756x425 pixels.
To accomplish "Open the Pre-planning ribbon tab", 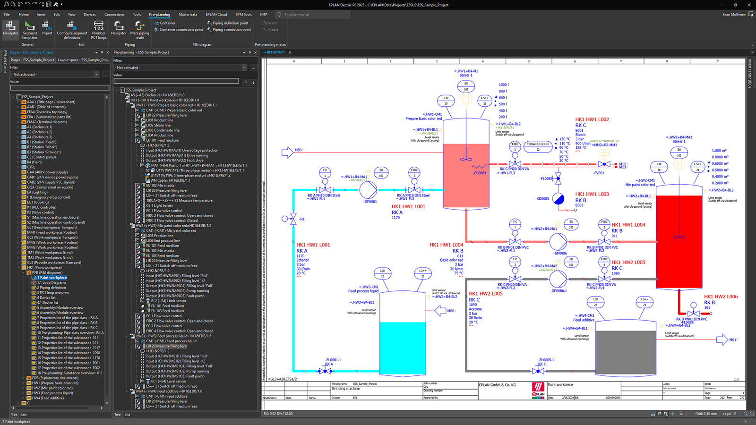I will coord(159,14).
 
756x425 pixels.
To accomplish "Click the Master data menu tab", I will coord(188,14).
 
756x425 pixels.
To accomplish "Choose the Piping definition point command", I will coord(230,23).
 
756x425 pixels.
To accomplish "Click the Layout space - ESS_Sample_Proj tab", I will coord(83,60).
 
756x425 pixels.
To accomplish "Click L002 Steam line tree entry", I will coord(158,125).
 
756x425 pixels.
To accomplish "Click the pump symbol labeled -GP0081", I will coord(368,190).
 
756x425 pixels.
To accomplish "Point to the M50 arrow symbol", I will coord(287,152).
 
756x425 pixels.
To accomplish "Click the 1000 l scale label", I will coord(503,85).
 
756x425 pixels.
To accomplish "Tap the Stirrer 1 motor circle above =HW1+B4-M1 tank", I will coord(466,98).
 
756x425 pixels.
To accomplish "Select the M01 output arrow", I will coord(722,340).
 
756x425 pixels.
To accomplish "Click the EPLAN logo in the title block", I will coord(538,390).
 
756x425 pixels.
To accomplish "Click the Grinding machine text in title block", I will coord(346,389).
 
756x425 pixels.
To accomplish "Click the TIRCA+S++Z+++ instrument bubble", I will coord(538,146).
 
